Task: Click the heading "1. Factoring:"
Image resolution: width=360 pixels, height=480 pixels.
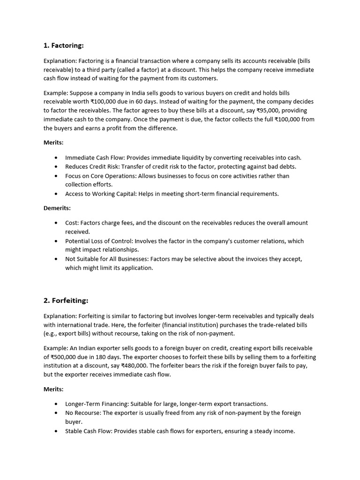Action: click(x=64, y=45)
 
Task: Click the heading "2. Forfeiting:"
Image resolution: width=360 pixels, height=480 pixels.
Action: click(x=66, y=300)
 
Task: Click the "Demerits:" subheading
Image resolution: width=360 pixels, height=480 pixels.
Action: click(x=57, y=208)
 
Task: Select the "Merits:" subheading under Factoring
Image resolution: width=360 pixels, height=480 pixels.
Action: click(x=53, y=142)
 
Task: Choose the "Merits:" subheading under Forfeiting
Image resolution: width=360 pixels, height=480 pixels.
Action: click(x=53, y=389)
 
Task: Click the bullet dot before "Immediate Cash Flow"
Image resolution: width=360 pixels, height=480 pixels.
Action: click(x=57, y=158)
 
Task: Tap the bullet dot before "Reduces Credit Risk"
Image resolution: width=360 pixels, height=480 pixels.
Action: click(x=57, y=167)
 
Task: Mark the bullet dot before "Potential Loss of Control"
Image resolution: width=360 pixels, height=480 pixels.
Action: click(x=57, y=241)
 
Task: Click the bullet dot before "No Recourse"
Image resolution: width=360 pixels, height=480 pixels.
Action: click(x=57, y=413)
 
